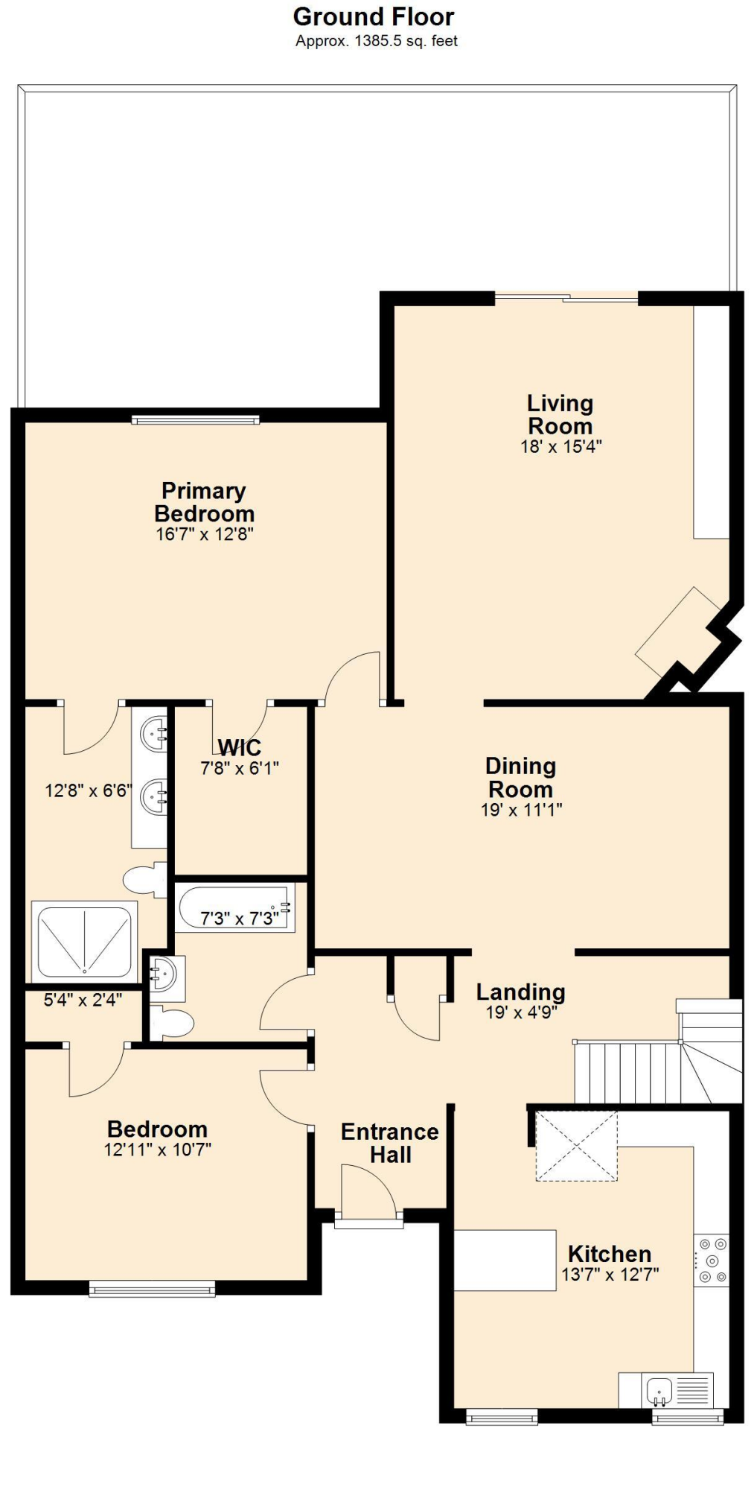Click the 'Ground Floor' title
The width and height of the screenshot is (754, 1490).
pyautogui.click(x=373, y=16)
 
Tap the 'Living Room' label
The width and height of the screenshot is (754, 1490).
pyautogui.click(x=560, y=414)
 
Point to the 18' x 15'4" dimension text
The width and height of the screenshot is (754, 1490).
pyautogui.click(x=560, y=446)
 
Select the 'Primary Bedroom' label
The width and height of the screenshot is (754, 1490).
pyautogui.click(x=204, y=501)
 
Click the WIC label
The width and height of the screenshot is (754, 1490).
pyautogui.click(x=240, y=747)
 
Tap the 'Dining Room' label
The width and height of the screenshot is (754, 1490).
pyautogui.click(x=520, y=777)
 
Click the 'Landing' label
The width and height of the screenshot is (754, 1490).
pyautogui.click(x=520, y=992)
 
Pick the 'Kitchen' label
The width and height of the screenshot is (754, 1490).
pyautogui.click(x=609, y=1253)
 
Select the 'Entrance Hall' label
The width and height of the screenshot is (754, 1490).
pyautogui.click(x=390, y=1143)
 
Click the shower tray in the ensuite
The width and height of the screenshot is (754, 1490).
pyautogui.click(x=84, y=941)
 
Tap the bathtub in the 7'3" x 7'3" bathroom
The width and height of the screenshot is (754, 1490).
pyautogui.click(x=235, y=908)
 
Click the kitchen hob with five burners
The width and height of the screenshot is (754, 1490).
pyautogui.click(x=711, y=1261)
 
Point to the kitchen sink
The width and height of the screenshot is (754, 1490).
pyautogui.click(x=659, y=1389)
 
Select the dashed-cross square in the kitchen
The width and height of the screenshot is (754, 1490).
pyautogui.click(x=576, y=1146)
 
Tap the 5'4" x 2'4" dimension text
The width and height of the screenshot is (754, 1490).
pyautogui.click(x=82, y=1000)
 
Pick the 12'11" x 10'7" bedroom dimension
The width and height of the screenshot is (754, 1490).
pyautogui.click(x=157, y=1150)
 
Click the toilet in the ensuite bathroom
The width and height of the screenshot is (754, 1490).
pyautogui.click(x=145, y=880)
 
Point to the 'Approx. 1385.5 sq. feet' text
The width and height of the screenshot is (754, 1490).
pyautogui.click(x=376, y=41)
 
